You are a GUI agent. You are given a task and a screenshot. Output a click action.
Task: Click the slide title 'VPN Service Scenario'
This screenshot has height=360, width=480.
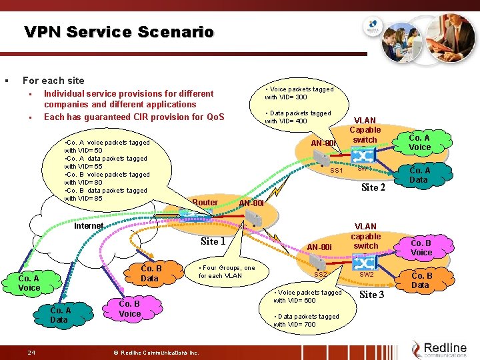pyautogui.click(x=119, y=31)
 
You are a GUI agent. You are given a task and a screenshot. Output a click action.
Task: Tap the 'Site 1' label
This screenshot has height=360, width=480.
pyautogui.click(x=213, y=241)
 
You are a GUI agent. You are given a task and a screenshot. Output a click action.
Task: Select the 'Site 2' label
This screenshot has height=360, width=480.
pyautogui.click(x=373, y=187)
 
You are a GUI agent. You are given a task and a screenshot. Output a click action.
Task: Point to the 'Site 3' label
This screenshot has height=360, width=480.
pyautogui.click(x=372, y=294)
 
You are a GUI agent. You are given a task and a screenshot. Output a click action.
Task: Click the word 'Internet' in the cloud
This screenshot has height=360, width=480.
pyautogui.click(x=89, y=226)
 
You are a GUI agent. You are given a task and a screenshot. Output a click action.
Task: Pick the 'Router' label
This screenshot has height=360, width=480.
pyautogui.click(x=205, y=203)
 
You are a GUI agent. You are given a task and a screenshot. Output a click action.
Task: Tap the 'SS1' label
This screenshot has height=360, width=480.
pyautogui.click(x=337, y=171)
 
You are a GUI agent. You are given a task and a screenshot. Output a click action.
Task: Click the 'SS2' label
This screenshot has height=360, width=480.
pyautogui.click(x=321, y=275)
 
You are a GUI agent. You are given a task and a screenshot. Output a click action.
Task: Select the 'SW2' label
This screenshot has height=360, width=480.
pyautogui.click(x=367, y=274)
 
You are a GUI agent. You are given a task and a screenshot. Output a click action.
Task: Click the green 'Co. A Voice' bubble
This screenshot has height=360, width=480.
pyautogui.click(x=29, y=283)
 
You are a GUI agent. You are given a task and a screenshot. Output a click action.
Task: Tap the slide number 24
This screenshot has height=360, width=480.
pyautogui.click(x=31, y=351)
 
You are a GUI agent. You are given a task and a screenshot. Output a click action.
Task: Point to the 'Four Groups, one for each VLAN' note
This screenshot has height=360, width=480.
pyautogui.click(x=227, y=272)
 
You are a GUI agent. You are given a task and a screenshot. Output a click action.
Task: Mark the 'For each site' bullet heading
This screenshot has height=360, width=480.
pyautogui.click(x=53, y=81)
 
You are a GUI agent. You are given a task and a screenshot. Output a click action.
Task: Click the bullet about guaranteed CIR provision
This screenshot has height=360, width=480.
pyautogui.click(x=133, y=117)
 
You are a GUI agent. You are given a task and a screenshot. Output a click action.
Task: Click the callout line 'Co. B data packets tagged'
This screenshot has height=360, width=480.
pyautogui.click(x=107, y=191)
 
